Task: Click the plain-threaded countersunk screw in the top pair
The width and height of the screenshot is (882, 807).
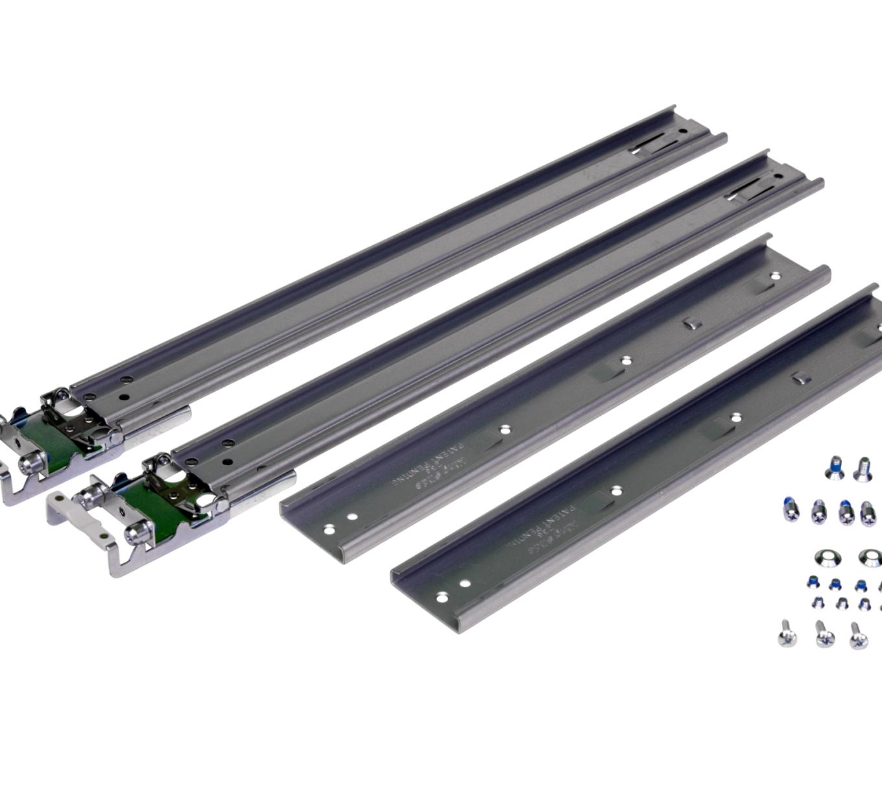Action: pyautogui.click(x=862, y=468)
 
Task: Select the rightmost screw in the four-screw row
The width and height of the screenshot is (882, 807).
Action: pyautogui.click(x=868, y=513)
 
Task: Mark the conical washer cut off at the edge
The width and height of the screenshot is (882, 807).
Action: pyautogui.click(x=870, y=557)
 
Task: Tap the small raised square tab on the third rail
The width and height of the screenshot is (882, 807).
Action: pyautogui.click(x=691, y=322)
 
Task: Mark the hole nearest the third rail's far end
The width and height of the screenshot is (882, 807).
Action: pyautogui.click(x=774, y=276)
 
